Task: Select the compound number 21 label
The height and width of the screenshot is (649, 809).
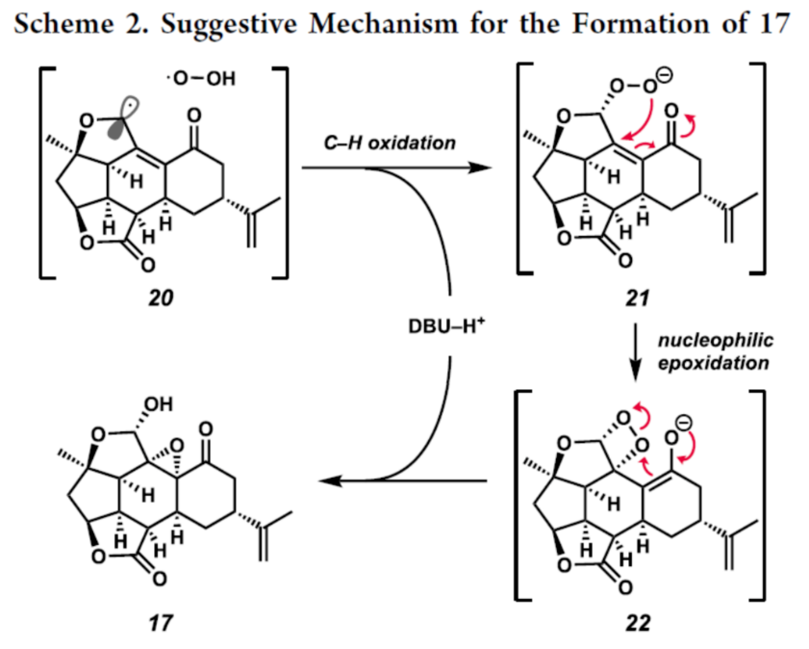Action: click(x=636, y=299)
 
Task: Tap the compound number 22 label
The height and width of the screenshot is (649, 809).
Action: click(x=636, y=623)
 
